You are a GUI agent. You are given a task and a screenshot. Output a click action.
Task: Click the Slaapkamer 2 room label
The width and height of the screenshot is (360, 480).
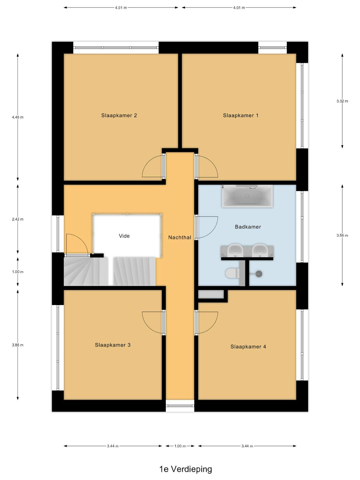(x=119, y=116)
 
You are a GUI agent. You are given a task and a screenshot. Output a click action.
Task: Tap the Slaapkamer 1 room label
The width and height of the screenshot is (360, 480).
(x=241, y=116)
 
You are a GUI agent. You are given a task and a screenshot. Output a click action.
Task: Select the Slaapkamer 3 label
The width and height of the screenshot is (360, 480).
(x=113, y=345)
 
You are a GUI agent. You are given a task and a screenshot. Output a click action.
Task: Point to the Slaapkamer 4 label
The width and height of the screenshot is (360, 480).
(x=248, y=347)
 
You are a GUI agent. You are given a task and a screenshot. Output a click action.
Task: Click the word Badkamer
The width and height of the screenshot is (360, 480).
(x=248, y=227)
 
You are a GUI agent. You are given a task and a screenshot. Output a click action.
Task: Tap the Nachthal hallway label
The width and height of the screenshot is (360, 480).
(x=180, y=237)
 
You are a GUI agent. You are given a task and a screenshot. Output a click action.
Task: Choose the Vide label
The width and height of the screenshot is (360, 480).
(x=124, y=236)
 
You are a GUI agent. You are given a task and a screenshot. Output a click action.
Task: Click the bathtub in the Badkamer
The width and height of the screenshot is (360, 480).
(x=247, y=196)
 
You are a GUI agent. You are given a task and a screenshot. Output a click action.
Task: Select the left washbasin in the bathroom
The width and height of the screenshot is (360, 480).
(x=235, y=250)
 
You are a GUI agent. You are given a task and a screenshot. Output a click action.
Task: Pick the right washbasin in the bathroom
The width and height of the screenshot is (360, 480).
(x=260, y=250)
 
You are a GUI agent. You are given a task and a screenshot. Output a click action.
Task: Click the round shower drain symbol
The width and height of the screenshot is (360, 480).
(x=259, y=274)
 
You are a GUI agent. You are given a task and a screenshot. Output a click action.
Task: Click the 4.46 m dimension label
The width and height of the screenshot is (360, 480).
(x=18, y=117)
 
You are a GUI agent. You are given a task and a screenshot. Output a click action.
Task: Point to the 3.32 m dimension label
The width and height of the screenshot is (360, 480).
(x=342, y=101)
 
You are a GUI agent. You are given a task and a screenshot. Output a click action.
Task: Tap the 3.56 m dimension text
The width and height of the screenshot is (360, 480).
(x=342, y=235)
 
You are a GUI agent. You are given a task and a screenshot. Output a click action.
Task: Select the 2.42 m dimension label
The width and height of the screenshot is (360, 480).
(x=18, y=219)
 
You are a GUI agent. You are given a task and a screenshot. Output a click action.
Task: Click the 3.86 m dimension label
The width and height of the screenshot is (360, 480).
(x=18, y=345)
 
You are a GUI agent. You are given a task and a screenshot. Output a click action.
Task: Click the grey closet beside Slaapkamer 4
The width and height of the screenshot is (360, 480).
(x=211, y=294)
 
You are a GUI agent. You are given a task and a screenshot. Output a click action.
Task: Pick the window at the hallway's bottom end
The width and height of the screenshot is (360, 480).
(x=180, y=406)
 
